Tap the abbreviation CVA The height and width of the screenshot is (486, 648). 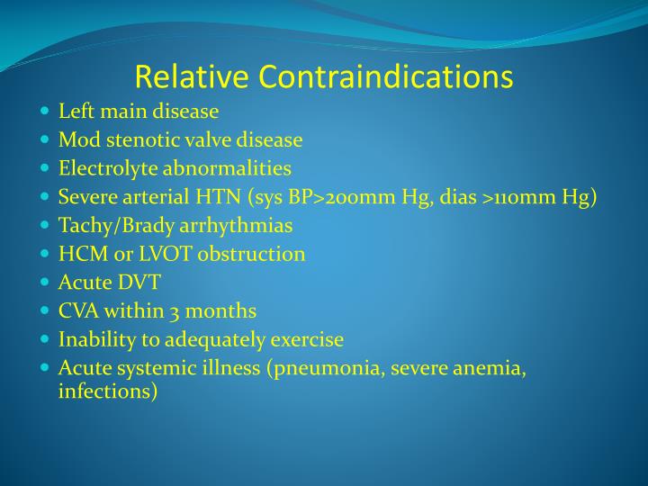click(x=77, y=311)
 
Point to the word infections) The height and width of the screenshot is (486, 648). click(x=108, y=392)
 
